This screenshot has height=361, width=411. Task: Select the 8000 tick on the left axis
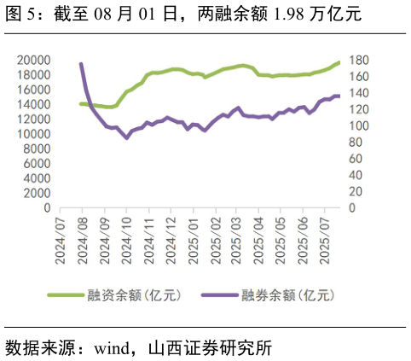(x=37, y=149)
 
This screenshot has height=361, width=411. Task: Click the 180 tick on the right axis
(x=359, y=61)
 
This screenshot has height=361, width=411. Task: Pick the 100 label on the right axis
(x=359, y=126)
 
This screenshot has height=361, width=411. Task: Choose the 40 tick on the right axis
(x=356, y=176)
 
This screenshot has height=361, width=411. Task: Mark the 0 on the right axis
(x=353, y=208)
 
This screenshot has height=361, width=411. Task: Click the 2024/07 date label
(x=60, y=241)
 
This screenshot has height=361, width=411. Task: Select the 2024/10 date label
(x=126, y=241)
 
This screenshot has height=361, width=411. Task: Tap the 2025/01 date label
(x=193, y=241)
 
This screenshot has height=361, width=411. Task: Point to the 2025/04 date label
(x=259, y=241)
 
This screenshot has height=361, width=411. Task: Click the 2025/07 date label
(x=326, y=241)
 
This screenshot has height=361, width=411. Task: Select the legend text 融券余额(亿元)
(x=287, y=295)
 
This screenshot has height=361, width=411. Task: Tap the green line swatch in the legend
(x=66, y=295)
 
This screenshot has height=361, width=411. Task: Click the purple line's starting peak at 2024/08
(x=81, y=64)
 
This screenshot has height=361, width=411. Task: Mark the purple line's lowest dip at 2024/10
(x=126, y=137)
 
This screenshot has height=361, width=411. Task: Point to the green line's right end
(x=339, y=61)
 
